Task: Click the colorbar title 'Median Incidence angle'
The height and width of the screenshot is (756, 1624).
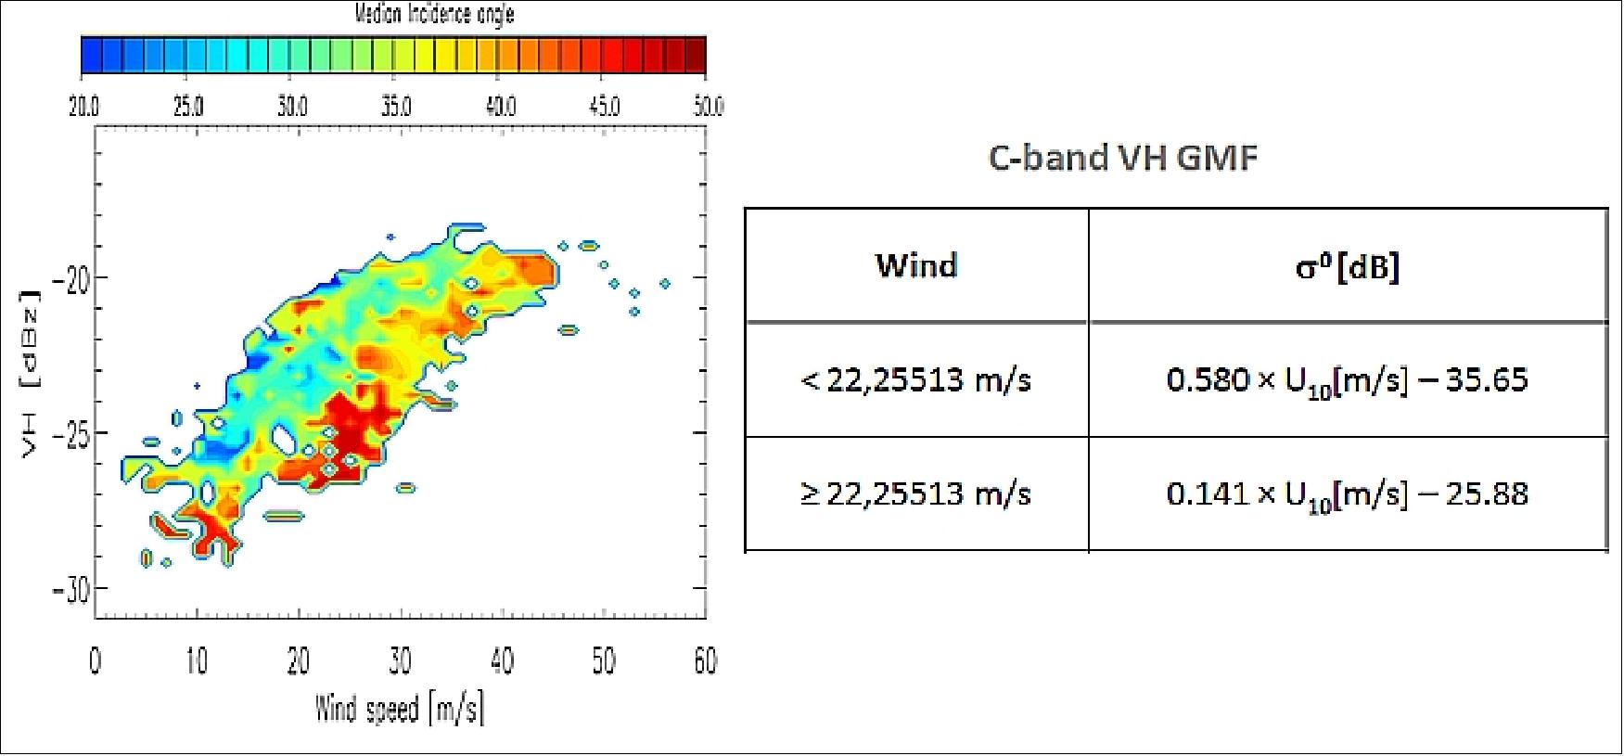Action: (x=434, y=14)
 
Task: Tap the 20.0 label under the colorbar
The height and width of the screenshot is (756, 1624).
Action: (x=83, y=106)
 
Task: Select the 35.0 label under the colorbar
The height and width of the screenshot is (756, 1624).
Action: (x=396, y=106)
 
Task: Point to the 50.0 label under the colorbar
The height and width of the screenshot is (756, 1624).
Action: (x=709, y=106)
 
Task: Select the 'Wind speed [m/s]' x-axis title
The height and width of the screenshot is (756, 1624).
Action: (x=400, y=710)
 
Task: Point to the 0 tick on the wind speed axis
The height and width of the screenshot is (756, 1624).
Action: (x=95, y=661)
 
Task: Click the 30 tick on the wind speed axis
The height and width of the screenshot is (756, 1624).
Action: (x=400, y=661)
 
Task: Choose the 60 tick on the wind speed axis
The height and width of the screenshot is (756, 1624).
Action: (x=706, y=661)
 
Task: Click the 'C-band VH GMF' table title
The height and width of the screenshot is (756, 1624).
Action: (x=1123, y=158)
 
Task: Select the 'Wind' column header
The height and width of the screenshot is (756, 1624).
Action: (x=916, y=266)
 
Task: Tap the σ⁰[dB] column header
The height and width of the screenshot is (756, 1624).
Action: (x=1348, y=267)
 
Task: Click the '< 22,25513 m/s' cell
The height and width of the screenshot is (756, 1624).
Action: (x=915, y=380)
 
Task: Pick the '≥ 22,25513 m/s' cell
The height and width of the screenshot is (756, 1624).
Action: (x=915, y=493)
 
